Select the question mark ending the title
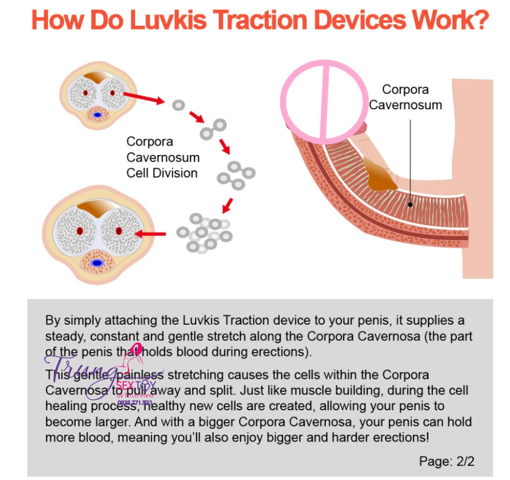pyautogui.click(x=479, y=21)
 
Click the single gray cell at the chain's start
pyautogui.click(x=178, y=105)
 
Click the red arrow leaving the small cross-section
pyautogui.click(x=144, y=97)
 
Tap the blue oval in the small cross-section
pyautogui.click(x=98, y=115)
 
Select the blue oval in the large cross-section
pyautogui.click(x=98, y=263)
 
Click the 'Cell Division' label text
pyautogui.click(x=162, y=173)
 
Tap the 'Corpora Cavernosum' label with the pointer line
pyautogui.click(x=406, y=97)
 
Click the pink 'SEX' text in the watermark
pyautogui.click(x=125, y=385)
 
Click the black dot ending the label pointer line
pyautogui.click(x=410, y=204)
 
